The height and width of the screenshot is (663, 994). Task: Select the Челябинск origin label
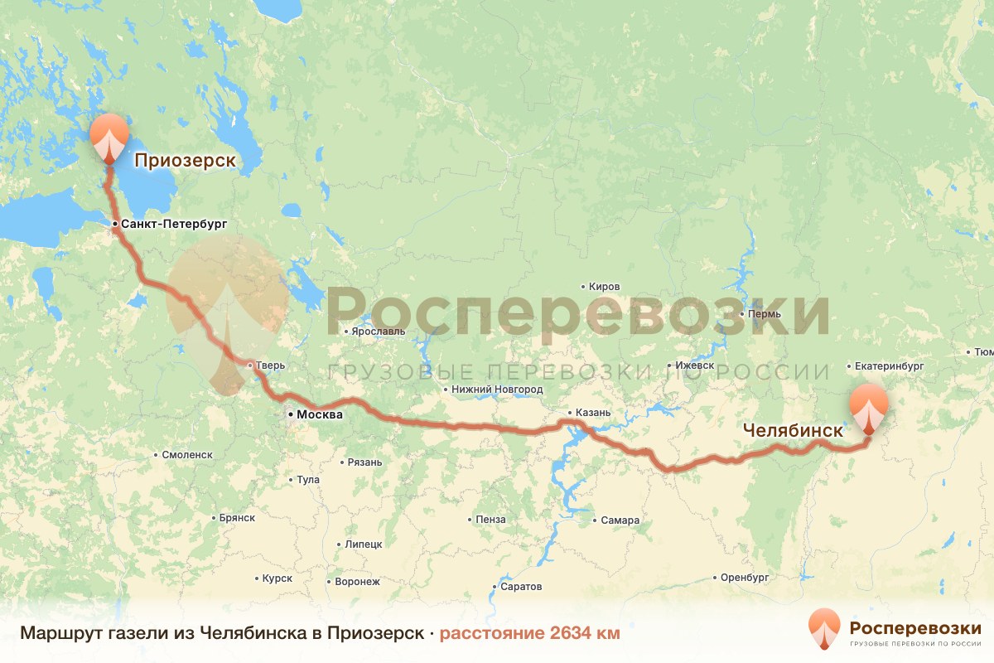tap(793, 431)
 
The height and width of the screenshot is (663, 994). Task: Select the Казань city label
tap(592, 413)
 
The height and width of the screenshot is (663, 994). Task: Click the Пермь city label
tap(764, 315)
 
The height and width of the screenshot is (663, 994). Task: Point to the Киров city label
tap(604, 287)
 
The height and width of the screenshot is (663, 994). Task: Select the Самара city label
tap(620, 520)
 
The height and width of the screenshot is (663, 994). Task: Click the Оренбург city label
tap(745, 577)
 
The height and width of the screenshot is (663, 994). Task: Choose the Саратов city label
tap(521, 587)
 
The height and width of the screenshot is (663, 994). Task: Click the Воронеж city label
tap(357, 582)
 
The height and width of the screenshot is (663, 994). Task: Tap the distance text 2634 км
tap(529, 634)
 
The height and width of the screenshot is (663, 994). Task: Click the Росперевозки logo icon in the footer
tap(823, 629)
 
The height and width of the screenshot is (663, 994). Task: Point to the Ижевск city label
tap(694, 365)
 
